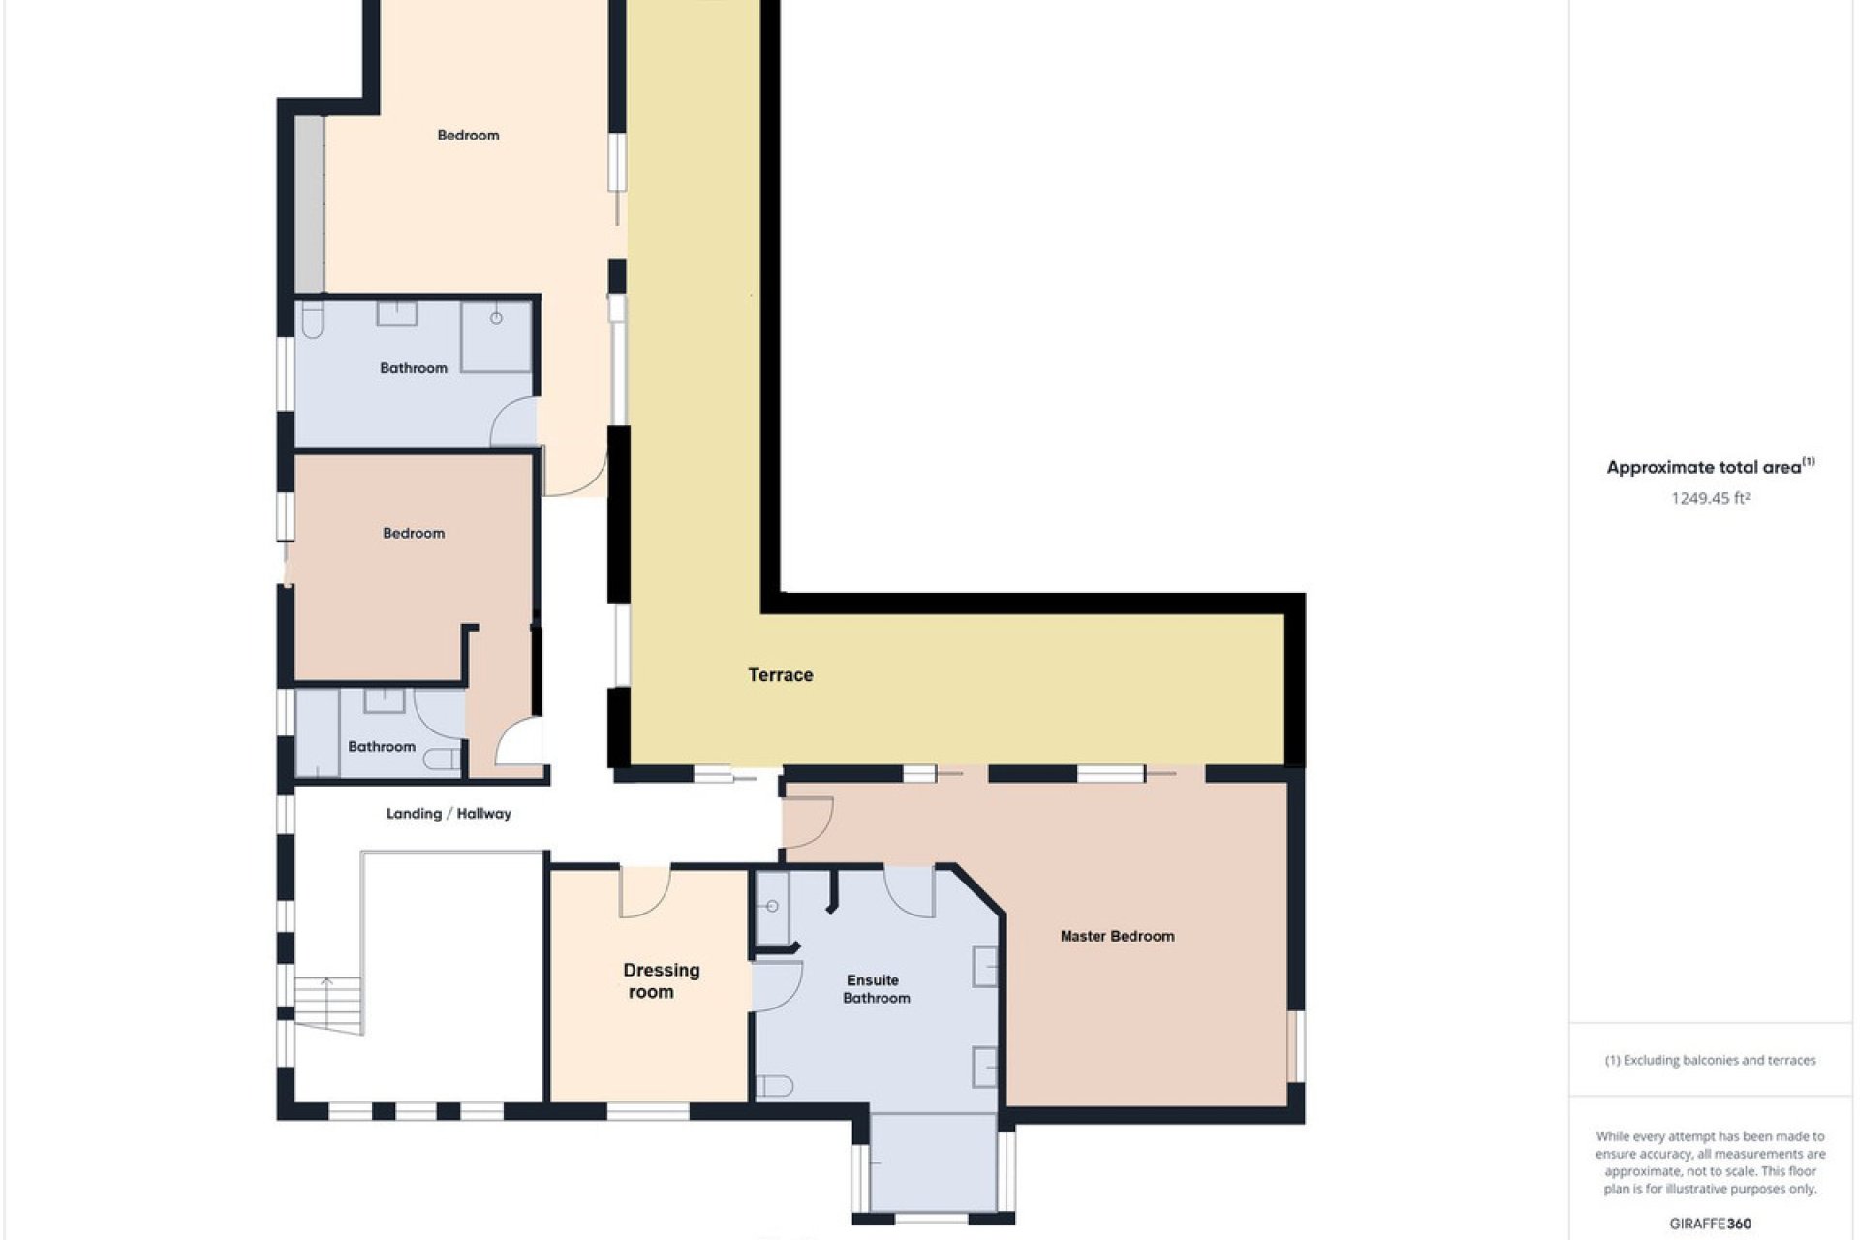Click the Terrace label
coord(780,675)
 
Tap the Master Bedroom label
coord(1117,936)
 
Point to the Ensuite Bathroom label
coord(875,989)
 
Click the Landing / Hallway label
coord(449,814)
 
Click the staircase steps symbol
coord(328,1006)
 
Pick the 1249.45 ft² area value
coord(1710,498)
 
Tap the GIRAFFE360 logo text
coord(1711,1224)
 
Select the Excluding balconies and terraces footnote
coord(1710,1060)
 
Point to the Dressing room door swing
coord(644,893)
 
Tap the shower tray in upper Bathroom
coord(496,336)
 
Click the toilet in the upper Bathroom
coord(312,320)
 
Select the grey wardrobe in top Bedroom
coord(309,203)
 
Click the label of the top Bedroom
coord(468,136)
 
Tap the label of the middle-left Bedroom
coord(414,533)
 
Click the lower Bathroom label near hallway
coord(382,746)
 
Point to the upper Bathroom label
coord(414,368)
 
